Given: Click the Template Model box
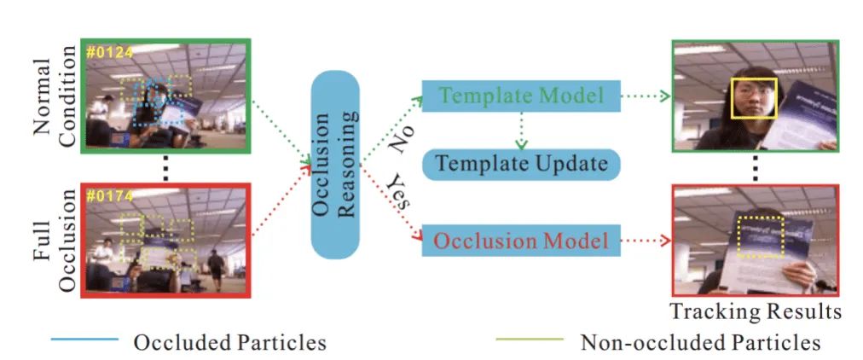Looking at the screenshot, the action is [521, 96].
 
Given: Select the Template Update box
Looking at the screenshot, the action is [521, 164].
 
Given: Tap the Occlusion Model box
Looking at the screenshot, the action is [521, 241].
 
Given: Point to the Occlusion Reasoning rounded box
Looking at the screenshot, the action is [335, 165].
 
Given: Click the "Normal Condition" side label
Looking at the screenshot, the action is [55, 96].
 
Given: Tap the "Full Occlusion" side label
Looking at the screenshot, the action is [55, 241].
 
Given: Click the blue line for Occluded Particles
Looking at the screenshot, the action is [84, 340].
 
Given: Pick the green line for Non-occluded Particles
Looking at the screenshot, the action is [530, 340].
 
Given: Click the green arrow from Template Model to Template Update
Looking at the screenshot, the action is [521, 131].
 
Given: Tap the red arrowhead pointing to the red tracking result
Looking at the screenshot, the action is [665, 241].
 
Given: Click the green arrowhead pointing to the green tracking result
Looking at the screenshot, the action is [665, 96].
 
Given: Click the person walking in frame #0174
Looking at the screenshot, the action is [216, 270].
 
